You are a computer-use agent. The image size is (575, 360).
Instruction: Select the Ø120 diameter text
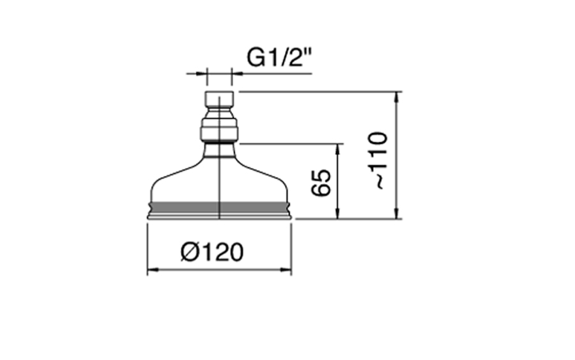click(211, 252)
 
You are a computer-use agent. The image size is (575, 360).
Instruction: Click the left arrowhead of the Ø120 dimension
click(151, 271)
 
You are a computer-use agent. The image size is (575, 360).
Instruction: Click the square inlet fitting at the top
click(219, 100)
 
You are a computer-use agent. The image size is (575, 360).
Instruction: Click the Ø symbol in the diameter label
click(189, 252)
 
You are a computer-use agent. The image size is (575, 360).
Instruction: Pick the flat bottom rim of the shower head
click(219, 217)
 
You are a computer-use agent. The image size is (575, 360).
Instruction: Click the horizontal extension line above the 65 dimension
click(287, 144)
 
